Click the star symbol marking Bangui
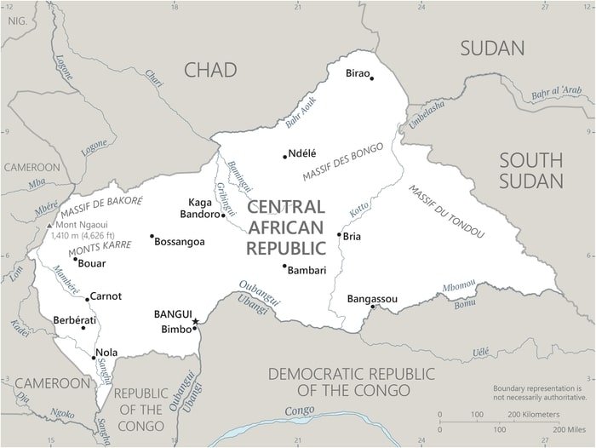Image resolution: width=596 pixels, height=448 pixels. pyautogui.click(x=195, y=321)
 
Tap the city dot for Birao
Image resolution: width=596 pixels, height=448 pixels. pyautogui.click(x=371, y=78)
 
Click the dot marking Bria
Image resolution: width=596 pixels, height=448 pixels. pyautogui.click(x=339, y=235)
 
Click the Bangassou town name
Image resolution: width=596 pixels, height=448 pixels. pyautogui.click(x=372, y=298)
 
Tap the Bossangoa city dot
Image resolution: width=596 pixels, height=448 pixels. pyautogui.click(x=152, y=237)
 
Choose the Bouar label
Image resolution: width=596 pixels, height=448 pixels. pyautogui.click(x=91, y=263)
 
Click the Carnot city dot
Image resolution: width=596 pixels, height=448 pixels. pyautogui.click(x=87, y=298)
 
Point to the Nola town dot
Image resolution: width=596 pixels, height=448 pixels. pyautogui.click(x=94, y=358)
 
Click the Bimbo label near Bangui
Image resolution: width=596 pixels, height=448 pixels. pyautogui.click(x=176, y=328)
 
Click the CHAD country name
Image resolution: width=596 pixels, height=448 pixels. pyautogui.click(x=210, y=70)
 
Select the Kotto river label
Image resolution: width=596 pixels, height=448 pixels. pyautogui.click(x=358, y=207)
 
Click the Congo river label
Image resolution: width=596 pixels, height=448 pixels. pyautogui.click(x=299, y=411)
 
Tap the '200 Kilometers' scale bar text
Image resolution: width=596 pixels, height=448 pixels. pyautogui.click(x=534, y=414)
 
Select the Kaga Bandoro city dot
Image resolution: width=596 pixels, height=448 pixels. pyautogui.click(x=223, y=215)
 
